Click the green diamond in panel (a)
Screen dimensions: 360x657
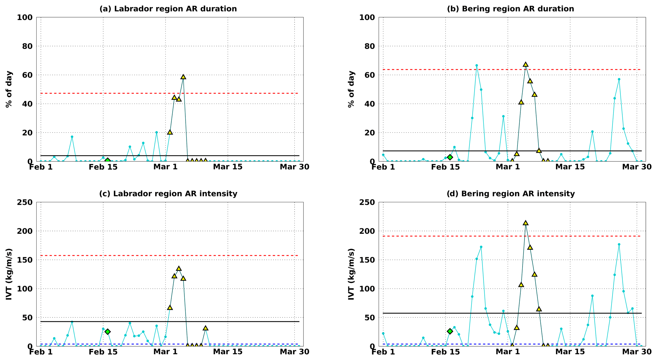coord(107,161)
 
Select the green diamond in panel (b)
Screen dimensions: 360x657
coord(450,157)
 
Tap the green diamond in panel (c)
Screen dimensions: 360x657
coord(107,332)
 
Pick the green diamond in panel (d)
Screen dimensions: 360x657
coord(450,331)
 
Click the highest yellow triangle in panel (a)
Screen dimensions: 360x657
coord(183,77)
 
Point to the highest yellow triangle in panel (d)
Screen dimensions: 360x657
coord(525,223)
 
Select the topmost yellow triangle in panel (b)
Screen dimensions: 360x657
coord(525,65)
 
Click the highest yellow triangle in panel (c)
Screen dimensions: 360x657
coord(179,269)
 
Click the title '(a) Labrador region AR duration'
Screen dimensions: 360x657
coord(168,9)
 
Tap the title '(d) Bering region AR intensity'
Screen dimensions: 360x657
coord(510,194)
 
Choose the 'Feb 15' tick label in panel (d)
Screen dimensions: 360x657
coord(445,352)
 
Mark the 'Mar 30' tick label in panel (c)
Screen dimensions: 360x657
coord(294,352)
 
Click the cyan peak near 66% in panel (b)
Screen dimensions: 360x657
coord(476,66)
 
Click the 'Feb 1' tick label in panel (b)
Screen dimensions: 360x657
coord(383,167)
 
